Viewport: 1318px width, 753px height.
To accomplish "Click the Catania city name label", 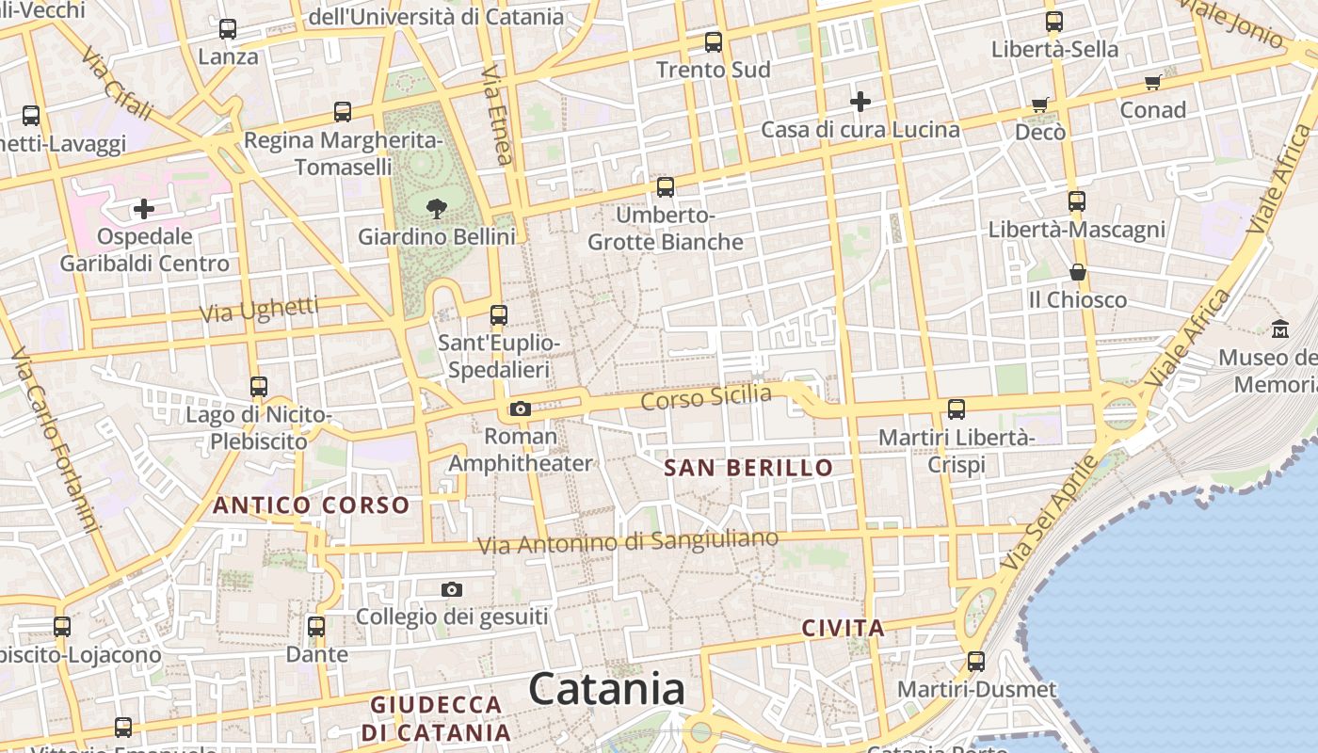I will coord(606,690).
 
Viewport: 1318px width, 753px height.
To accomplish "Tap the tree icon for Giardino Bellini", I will coord(436,208).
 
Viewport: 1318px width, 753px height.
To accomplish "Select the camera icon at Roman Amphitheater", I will coord(521,409).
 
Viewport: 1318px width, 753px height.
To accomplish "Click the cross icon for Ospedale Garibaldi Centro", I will coord(144,208).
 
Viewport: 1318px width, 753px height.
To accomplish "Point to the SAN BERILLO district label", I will coord(748,468).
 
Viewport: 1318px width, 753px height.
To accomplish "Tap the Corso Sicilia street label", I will coord(706,397).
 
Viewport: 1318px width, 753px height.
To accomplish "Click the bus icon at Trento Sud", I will coord(714,42).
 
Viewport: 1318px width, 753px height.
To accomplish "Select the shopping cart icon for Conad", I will coord(1152,83).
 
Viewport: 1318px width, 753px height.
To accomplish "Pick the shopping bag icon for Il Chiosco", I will coord(1078,273).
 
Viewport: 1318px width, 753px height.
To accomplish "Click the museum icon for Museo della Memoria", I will coord(1280,329).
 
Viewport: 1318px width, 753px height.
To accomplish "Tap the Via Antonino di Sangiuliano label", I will coord(628,542).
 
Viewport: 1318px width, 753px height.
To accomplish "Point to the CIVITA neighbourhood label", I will coord(844,628).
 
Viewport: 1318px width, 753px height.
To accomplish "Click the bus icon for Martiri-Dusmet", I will coord(976,661).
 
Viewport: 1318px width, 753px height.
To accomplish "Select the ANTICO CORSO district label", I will coord(312,505).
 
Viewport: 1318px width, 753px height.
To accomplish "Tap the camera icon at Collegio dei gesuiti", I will coord(452,590).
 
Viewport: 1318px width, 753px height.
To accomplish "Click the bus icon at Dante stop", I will coord(316,626).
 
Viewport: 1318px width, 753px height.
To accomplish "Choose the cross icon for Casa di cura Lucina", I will coord(860,102).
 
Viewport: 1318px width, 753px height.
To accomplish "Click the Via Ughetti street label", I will coord(259,310).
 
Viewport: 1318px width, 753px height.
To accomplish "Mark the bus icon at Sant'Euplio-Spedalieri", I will coord(499,315).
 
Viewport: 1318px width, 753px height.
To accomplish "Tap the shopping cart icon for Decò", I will coord(1040,104).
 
